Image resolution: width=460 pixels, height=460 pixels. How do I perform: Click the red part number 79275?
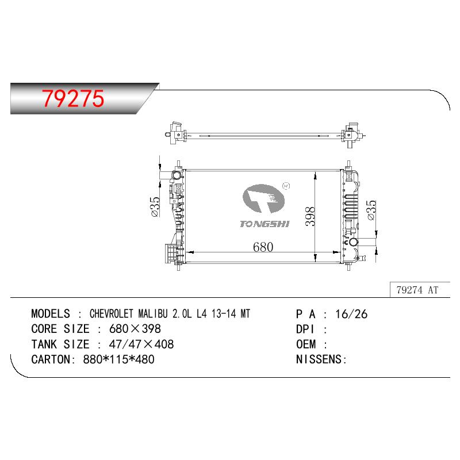tap(73, 98)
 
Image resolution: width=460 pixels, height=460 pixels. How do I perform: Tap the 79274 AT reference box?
tap(420, 290)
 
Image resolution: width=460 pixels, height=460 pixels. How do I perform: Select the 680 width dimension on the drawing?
tap(263, 247)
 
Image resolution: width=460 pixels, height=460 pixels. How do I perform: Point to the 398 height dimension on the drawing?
tap(310, 217)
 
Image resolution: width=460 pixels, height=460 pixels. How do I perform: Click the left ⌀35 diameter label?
tap(155, 206)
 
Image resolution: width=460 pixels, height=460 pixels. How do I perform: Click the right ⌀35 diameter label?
tap(371, 210)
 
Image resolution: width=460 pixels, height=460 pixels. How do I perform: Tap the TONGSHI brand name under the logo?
tap(264, 224)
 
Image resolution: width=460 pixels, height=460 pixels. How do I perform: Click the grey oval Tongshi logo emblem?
tap(263, 198)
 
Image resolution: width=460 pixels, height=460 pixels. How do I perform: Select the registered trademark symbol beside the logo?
tap(286, 186)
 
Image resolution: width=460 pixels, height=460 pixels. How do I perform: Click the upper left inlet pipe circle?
tap(177, 175)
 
